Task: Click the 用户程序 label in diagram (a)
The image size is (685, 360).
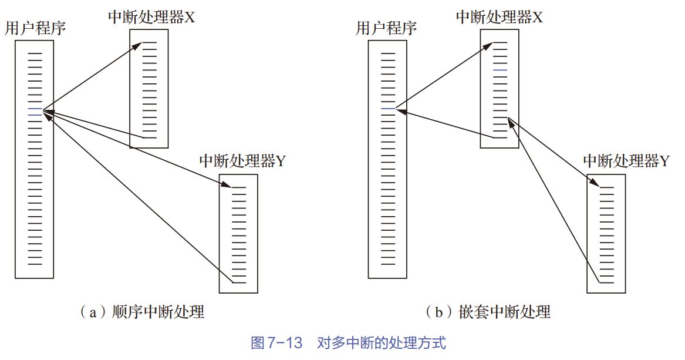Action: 35,28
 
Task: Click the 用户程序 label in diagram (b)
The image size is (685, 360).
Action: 386,28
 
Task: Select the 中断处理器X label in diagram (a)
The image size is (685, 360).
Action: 151,17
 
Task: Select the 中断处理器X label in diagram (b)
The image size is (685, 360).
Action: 499,17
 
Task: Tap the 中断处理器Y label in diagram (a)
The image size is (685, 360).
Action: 242,161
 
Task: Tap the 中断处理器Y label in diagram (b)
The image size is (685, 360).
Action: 626,161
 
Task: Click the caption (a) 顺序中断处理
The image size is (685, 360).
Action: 141,312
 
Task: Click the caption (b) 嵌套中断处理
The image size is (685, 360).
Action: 488,312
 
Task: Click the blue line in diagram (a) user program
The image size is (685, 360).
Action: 35,109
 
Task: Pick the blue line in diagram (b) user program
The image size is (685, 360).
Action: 387,109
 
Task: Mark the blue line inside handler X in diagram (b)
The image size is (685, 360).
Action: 500,70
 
